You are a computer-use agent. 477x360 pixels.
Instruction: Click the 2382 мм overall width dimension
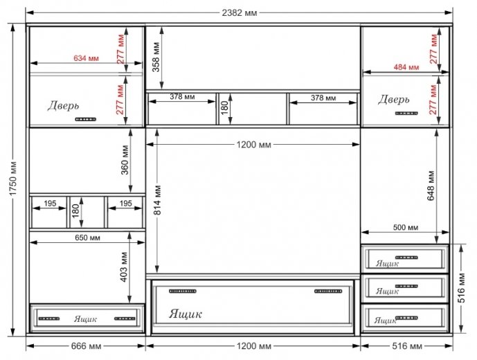pos(240,12)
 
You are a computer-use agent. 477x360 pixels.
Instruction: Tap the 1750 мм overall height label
pos(12,179)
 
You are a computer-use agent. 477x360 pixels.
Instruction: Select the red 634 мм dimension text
pos(86,58)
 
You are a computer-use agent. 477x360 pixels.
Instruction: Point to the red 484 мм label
pos(406,67)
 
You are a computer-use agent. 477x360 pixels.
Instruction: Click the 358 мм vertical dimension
pos(156,57)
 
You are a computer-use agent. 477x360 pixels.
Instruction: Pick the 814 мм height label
pos(157,200)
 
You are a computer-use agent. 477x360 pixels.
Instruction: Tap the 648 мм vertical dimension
pos(431,186)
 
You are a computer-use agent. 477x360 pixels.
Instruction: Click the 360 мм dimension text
pos(125,160)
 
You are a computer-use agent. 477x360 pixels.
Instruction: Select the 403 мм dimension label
pos(124,267)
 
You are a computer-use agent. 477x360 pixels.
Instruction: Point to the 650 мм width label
pos(87,237)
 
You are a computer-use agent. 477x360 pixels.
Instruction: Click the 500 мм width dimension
pos(406,227)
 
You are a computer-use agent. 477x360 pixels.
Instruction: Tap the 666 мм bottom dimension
pos(86,346)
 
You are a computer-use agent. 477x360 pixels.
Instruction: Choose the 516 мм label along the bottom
pos(407,346)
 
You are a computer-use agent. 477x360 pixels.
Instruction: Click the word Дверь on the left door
pos(63,106)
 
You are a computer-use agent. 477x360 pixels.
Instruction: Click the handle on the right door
pos(406,114)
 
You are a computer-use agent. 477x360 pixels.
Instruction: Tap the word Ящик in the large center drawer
pos(186,314)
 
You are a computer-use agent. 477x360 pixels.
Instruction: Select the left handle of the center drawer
pos(183,291)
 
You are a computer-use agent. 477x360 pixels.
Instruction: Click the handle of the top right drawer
pos(406,258)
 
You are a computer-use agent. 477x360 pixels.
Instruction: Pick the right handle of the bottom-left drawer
pos(125,318)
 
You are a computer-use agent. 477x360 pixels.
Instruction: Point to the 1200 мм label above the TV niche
pos(253,145)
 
